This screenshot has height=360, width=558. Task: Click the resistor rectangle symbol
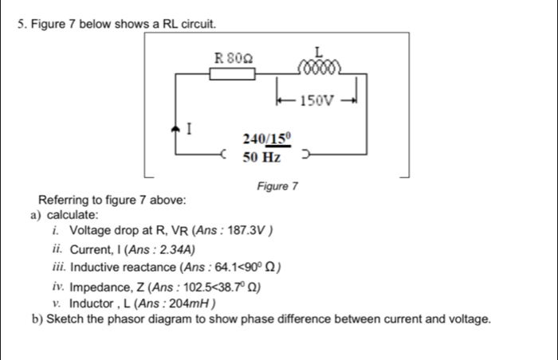232,73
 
